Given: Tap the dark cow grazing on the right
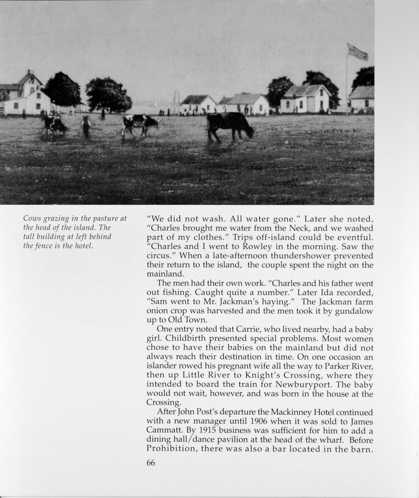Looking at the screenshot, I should click(229, 126).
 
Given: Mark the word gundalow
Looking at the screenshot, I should click(353, 310).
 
